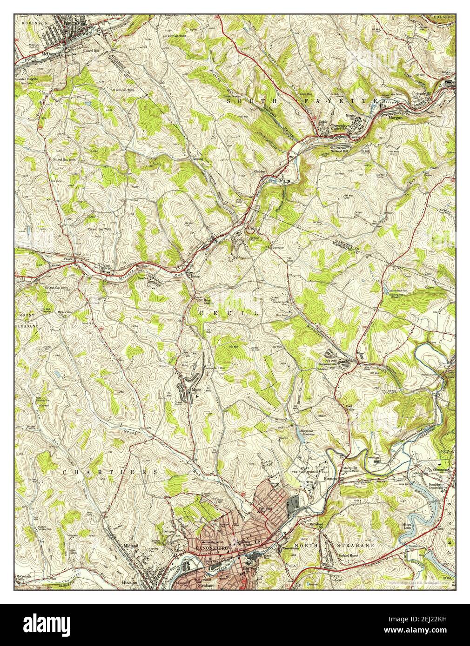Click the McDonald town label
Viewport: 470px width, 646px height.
pos(51,53)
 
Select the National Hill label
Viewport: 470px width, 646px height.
pos(340,152)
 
